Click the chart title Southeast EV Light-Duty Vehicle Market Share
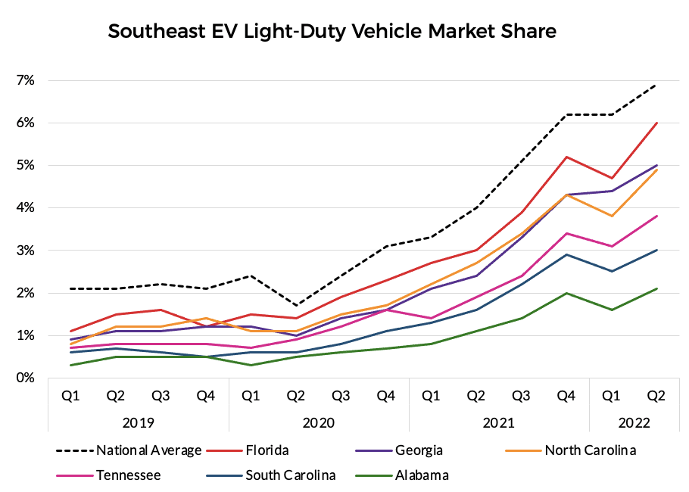click(332, 32)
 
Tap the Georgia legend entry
click(415, 450)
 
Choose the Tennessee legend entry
click(128, 475)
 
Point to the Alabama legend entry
click(422, 475)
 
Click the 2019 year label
click(139, 422)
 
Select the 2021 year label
click(499, 422)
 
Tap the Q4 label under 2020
click(386, 395)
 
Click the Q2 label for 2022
click(656, 395)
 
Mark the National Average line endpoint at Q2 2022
click(656, 85)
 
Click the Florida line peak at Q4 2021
click(566, 157)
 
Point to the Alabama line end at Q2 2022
click(656, 288)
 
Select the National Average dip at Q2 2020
click(296, 305)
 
